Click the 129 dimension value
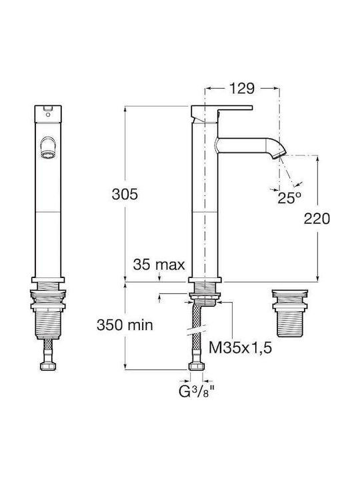241,89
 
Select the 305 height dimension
125,194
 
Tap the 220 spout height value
317,219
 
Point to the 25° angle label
289,198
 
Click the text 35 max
159,265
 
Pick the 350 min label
125,325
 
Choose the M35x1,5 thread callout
240,347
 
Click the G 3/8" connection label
196,391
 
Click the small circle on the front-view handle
47,115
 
